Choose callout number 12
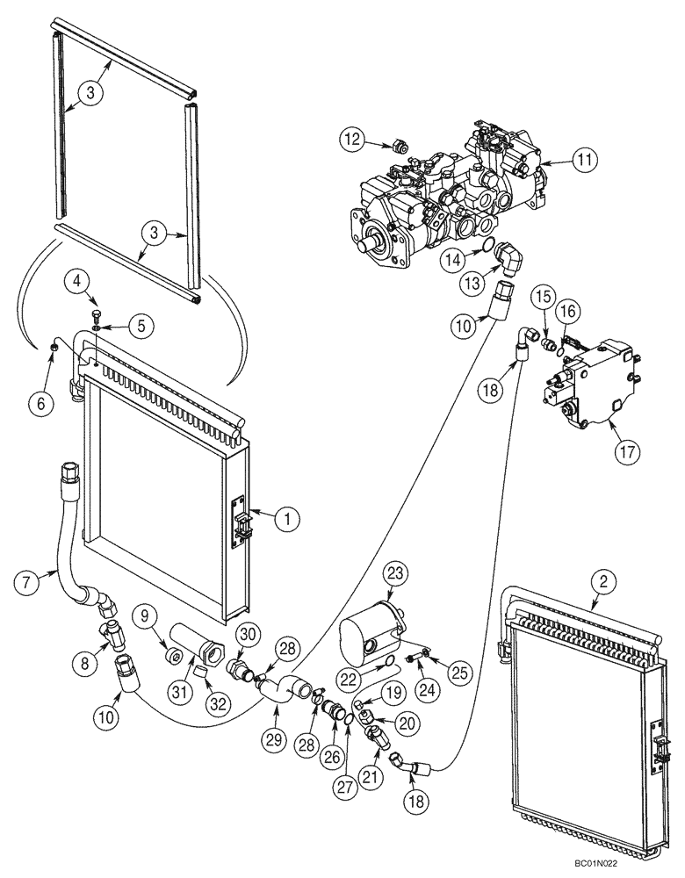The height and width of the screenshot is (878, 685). [x=353, y=139]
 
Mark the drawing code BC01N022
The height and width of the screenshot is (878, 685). [x=630, y=864]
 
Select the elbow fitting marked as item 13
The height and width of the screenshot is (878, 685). [x=508, y=261]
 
